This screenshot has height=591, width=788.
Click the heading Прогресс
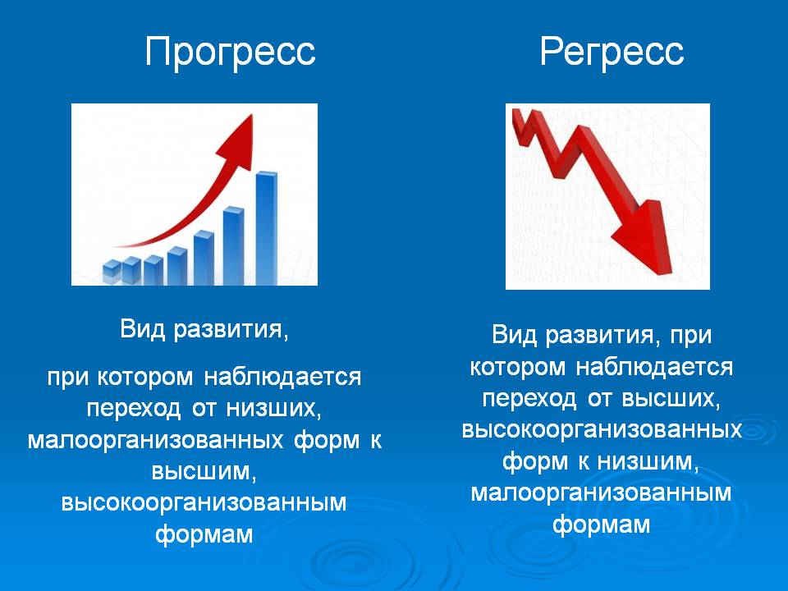tap(230, 51)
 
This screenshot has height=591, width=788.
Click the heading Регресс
tap(612, 51)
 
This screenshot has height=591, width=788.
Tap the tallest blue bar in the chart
tap(266, 228)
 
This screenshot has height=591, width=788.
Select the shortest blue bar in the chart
tap(112, 272)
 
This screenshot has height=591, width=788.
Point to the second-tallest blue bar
tap(233, 245)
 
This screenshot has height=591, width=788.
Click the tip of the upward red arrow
tap(251, 115)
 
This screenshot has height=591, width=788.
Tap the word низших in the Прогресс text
tap(273, 408)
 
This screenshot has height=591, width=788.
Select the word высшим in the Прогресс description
tap(204, 471)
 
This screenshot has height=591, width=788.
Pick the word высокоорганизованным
tap(204, 502)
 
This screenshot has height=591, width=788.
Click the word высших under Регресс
tap(671, 399)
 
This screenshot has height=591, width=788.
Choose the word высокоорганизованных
tap(602, 430)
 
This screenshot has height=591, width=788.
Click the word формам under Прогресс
tap(204, 534)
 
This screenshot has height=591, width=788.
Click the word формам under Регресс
tap(602, 525)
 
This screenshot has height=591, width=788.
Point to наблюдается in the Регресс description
tap(654, 368)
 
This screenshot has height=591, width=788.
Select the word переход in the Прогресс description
tap(134, 409)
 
